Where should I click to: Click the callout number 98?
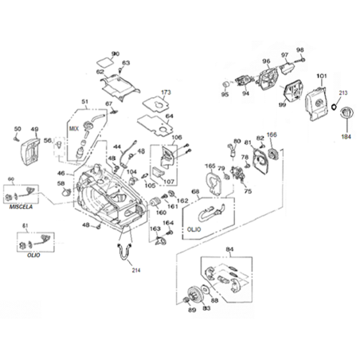300,50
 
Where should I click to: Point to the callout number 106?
177,137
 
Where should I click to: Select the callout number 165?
210,166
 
